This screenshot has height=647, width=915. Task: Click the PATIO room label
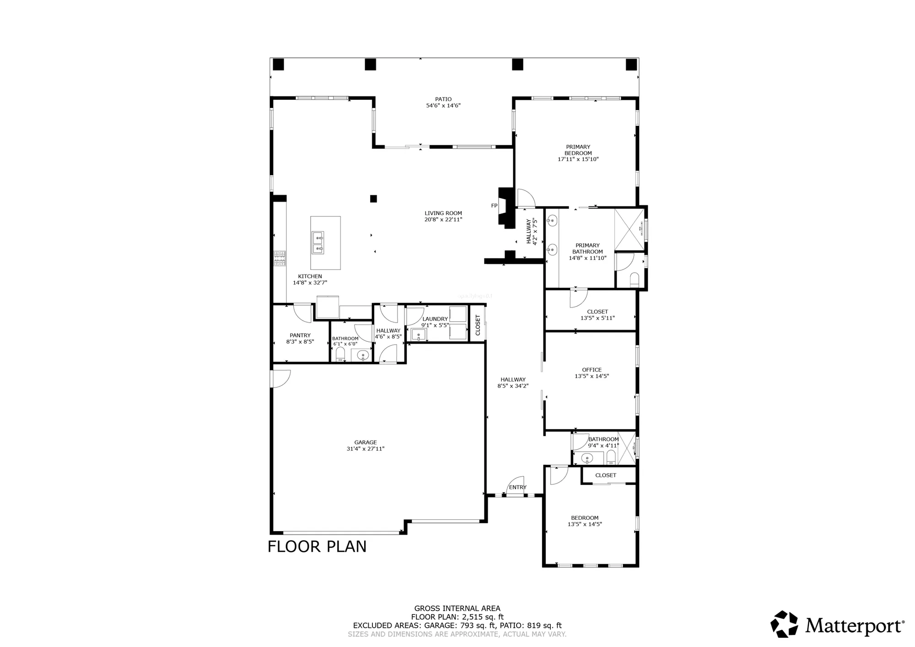pyautogui.click(x=443, y=99)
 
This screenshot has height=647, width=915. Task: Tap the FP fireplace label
pyautogui.click(x=494, y=206)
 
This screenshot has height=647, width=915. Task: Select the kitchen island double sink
pyautogui.click(x=318, y=243)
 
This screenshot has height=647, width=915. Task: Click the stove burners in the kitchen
pyautogui.click(x=280, y=259)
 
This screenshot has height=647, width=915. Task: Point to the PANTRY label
pyautogui.click(x=300, y=335)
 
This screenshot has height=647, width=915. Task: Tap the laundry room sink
pyautogui.click(x=419, y=335)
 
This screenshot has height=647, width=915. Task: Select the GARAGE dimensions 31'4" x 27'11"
pyautogui.click(x=365, y=449)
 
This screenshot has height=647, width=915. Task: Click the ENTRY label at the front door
pyautogui.click(x=517, y=487)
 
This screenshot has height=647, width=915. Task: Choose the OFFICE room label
pyautogui.click(x=592, y=370)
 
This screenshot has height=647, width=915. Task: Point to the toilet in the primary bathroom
pyautogui.click(x=634, y=280)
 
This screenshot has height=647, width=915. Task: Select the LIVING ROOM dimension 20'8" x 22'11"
pyautogui.click(x=443, y=220)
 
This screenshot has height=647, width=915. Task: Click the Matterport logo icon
pyautogui.click(x=784, y=624)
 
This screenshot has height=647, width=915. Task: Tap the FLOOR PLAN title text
pyautogui.click(x=317, y=547)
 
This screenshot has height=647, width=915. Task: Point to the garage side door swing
pyautogui.click(x=280, y=379)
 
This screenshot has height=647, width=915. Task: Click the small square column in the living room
pyautogui.click(x=373, y=199)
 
